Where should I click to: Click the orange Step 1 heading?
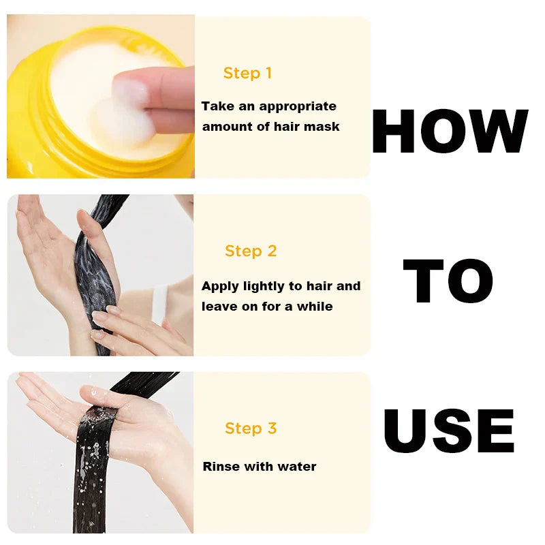click(x=247, y=74)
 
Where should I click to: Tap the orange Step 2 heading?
click(x=251, y=251)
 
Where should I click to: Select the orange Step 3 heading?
click(x=251, y=429)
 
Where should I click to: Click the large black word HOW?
click(x=450, y=131)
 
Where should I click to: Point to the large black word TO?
click(x=448, y=281)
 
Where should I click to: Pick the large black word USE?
click(x=449, y=431)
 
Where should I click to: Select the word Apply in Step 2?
click(x=220, y=287)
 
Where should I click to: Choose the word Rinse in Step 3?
click(x=221, y=466)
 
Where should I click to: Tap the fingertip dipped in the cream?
click(x=130, y=92)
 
